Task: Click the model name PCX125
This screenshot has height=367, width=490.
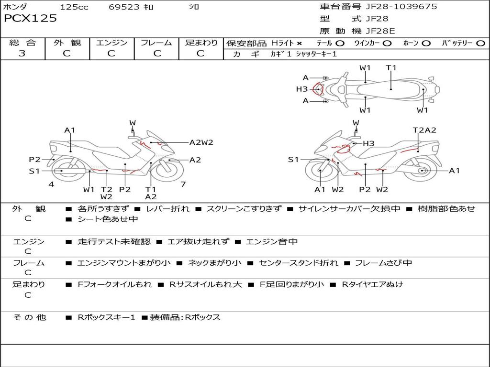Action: (x=30, y=19)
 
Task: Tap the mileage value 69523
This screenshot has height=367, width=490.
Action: (x=124, y=7)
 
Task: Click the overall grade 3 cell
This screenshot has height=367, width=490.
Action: (x=22, y=54)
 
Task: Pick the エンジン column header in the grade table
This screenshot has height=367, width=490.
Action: (x=111, y=43)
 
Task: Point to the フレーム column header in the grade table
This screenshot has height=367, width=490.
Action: (x=156, y=43)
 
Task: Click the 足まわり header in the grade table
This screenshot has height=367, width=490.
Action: (x=201, y=43)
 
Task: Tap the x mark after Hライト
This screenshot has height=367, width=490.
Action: (x=299, y=43)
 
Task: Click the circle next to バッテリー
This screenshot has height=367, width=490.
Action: (x=480, y=43)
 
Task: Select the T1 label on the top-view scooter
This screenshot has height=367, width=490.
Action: (x=391, y=68)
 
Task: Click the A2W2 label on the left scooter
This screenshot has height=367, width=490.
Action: (x=201, y=142)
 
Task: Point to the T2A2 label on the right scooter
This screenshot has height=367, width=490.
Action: (x=424, y=130)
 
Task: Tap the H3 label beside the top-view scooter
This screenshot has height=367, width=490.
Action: (x=301, y=89)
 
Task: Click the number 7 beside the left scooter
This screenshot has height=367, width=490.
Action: (x=183, y=184)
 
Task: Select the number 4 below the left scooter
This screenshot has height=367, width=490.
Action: (x=51, y=184)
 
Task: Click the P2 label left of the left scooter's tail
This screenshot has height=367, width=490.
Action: (x=34, y=160)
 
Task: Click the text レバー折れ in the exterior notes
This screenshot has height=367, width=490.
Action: (x=167, y=209)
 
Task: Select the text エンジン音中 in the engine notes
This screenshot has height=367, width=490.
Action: (x=271, y=242)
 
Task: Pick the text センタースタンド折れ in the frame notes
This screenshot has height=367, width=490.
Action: (x=298, y=263)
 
